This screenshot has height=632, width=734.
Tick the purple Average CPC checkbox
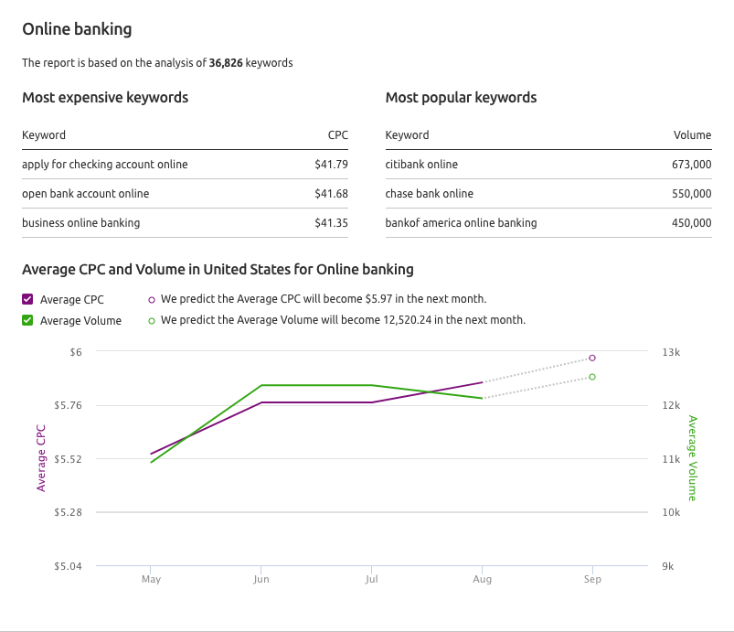(x=27, y=299)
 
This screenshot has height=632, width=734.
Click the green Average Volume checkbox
(x=27, y=320)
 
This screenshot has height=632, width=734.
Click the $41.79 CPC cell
(x=331, y=165)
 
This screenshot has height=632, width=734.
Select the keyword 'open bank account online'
(x=86, y=194)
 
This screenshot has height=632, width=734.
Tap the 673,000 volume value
(x=691, y=165)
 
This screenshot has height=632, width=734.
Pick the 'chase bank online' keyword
(x=430, y=194)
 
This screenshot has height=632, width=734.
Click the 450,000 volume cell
(x=691, y=223)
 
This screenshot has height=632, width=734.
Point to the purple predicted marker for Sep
(x=592, y=358)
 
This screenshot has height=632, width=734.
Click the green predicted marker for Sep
(x=592, y=377)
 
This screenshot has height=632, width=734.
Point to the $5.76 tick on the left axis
(x=68, y=405)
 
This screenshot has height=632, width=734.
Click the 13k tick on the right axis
(x=671, y=352)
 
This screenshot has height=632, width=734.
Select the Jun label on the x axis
(x=261, y=579)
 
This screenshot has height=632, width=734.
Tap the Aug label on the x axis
(x=482, y=579)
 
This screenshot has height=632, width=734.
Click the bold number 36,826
(x=226, y=63)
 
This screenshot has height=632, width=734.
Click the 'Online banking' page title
(x=77, y=29)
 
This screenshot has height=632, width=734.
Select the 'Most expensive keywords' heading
(x=105, y=98)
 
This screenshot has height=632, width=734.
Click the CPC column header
(x=338, y=135)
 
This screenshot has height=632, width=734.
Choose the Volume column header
(x=692, y=135)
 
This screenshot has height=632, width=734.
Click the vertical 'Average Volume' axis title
(x=692, y=458)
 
